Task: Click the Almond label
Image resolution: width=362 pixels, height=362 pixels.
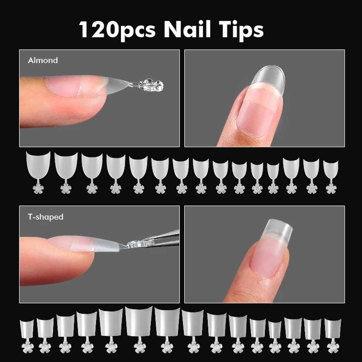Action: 43,60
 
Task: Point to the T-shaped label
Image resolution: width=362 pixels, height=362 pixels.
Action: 46,217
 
